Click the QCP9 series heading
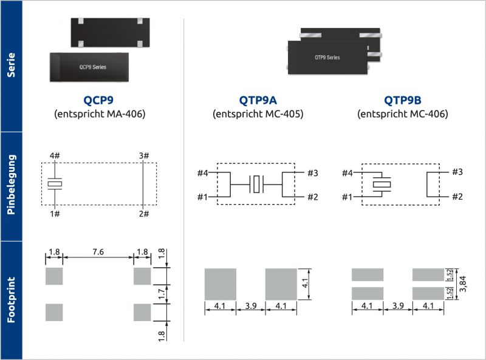tap(99, 100)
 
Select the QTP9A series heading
tap(258, 100)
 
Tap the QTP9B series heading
tap(402, 100)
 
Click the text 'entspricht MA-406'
tap(99, 114)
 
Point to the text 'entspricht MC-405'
tap(258, 114)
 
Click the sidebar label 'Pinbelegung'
tap(11, 186)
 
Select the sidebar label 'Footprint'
tap(11, 300)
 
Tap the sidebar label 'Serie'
tap(11, 66)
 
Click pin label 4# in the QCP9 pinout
tap(55, 156)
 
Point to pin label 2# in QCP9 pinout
tap(143, 214)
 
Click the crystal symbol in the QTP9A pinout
tap(256, 184)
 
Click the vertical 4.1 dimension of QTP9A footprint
tap(306, 284)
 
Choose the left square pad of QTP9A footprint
tap(221, 284)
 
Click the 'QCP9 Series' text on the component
tap(93, 67)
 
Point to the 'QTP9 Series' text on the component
tap(327, 58)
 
